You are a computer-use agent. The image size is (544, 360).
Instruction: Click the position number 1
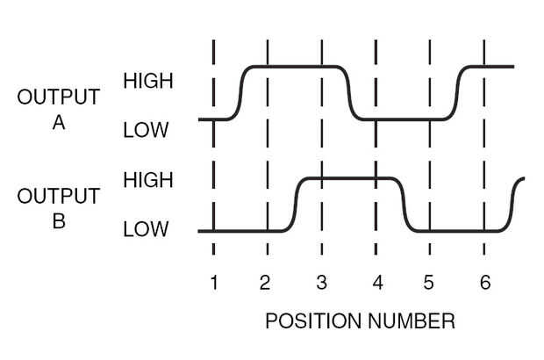point(213,282)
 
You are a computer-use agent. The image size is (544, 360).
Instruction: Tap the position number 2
point(265,282)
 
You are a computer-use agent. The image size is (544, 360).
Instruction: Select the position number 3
point(321,282)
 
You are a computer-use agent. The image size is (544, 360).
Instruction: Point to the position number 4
point(376,282)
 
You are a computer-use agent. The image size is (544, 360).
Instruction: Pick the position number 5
point(428,282)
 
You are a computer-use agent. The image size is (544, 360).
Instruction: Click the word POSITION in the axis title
point(308,321)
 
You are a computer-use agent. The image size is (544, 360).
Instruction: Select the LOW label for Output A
point(145,132)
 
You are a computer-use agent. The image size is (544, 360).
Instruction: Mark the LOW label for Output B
point(145,231)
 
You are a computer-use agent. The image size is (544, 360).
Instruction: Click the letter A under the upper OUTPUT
point(59,122)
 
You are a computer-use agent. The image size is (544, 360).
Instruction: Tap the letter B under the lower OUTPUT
point(59,221)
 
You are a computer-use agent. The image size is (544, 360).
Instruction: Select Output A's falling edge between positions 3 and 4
point(349,92)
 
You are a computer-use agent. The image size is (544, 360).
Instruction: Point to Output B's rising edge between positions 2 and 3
point(295,205)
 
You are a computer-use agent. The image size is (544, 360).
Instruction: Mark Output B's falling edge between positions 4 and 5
point(406,205)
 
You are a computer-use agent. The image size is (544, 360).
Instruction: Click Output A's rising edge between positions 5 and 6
point(458,92)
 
